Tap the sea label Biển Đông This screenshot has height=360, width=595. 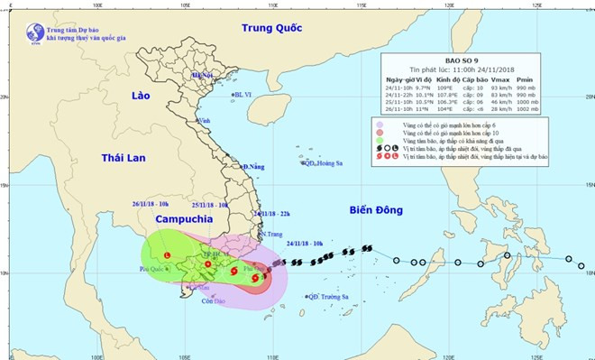pos(380,209)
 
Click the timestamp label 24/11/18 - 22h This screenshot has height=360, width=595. pos(271,214)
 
